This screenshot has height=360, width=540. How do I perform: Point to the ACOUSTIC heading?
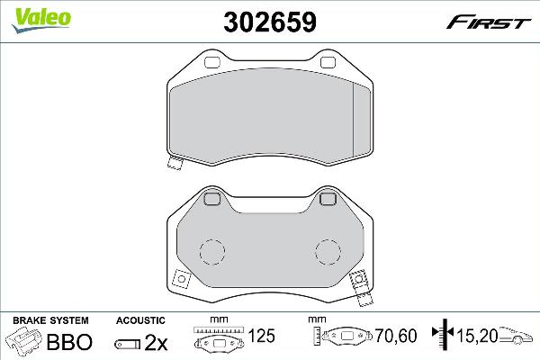click(140, 320)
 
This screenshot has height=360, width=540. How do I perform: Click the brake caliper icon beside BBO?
click(25, 342)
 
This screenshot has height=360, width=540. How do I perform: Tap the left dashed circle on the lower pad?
click(211, 252)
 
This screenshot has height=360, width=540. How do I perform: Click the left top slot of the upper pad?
click(213, 63)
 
